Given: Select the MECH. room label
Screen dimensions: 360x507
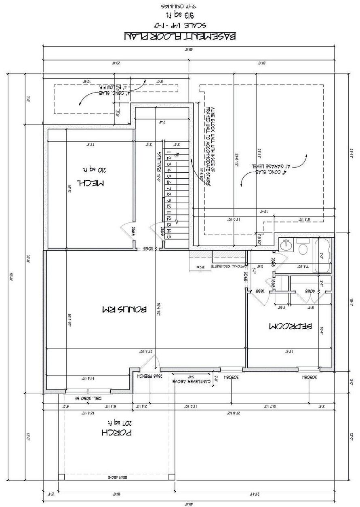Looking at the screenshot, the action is click(91, 183).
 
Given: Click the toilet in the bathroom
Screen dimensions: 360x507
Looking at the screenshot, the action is click(302, 247).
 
